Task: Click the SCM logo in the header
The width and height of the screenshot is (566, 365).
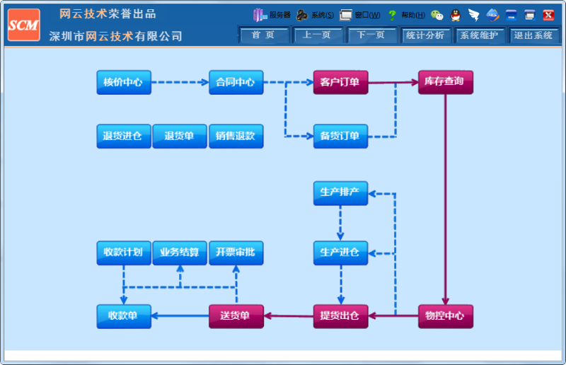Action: pos(23,25)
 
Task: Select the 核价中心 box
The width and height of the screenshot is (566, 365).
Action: pos(123,83)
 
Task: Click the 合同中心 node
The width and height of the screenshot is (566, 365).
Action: pos(236,83)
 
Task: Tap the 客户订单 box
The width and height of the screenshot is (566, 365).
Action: pos(340,83)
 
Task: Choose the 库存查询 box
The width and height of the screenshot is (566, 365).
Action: pos(445,83)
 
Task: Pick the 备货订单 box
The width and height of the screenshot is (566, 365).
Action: pos(340,137)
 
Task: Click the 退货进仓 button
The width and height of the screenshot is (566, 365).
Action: pos(123,137)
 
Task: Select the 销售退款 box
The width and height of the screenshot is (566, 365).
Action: pos(236,137)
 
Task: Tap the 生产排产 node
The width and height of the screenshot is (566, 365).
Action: pos(340,193)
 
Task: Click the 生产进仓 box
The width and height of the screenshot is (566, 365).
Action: pos(340,253)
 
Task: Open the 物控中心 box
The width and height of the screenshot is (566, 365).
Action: pos(445,316)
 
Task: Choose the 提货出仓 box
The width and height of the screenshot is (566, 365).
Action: pos(340,316)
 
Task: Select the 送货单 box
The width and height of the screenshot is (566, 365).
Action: pos(236,316)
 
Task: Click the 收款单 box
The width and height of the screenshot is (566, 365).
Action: pos(123,316)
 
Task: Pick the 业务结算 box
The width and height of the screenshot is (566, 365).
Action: pos(180,253)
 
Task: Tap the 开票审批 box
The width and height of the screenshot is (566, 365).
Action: pos(236,253)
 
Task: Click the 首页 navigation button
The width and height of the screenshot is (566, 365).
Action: pos(263,35)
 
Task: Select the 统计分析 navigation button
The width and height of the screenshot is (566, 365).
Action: pos(425,35)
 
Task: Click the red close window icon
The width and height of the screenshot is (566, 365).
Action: pos(548,15)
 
